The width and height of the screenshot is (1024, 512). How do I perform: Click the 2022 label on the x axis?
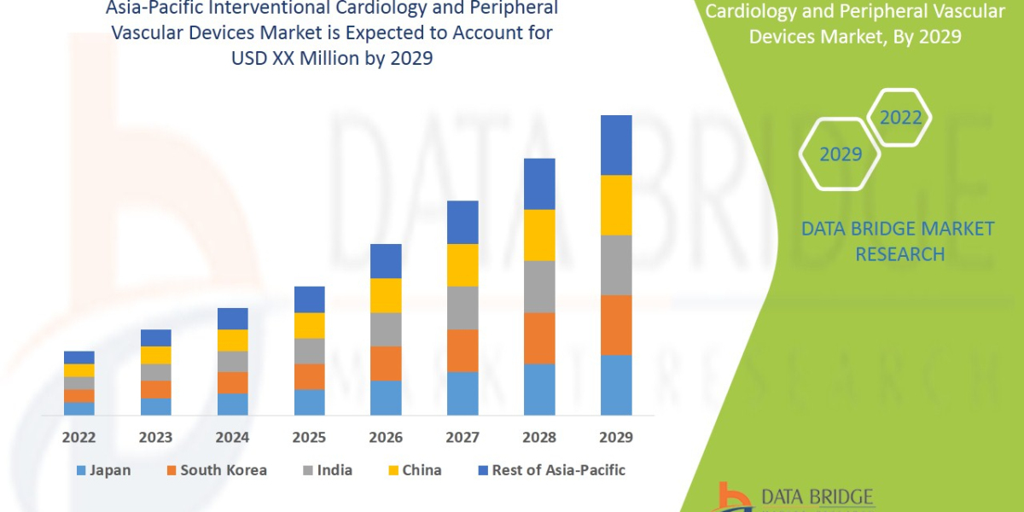tap(79, 438)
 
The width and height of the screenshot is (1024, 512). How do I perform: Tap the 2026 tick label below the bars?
tap(386, 438)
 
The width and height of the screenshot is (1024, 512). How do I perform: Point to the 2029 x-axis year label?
tap(616, 438)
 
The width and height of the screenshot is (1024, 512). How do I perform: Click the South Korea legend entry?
tap(218, 470)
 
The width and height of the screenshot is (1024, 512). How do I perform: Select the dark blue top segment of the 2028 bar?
tap(539, 183)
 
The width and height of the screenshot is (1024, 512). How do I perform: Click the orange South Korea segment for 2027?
tap(463, 350)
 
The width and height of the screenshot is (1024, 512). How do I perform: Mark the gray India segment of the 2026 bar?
tap(386, 329)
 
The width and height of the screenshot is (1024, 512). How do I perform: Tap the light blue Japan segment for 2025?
tap(309, 402)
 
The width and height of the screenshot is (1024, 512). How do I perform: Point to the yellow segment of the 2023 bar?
tap(155, 355)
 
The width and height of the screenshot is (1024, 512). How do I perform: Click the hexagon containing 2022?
tap(900, 118)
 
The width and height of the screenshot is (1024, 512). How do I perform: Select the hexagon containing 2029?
tap(841, 154)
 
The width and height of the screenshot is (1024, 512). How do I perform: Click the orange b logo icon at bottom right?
tap(730, 497)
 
